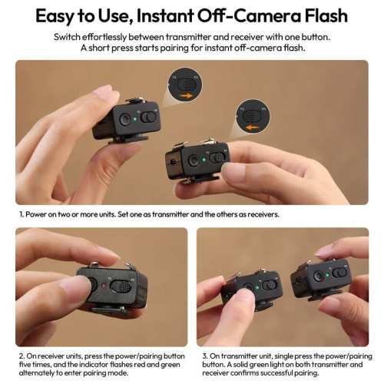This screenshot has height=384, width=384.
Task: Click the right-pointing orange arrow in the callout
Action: point(186,93)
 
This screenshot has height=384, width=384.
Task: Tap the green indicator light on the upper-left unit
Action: point(135,119)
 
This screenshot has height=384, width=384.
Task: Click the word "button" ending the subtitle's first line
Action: point(313,36)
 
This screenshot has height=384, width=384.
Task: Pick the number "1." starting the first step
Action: point(21,215)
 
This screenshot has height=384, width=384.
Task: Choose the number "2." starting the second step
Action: point(22,356)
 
